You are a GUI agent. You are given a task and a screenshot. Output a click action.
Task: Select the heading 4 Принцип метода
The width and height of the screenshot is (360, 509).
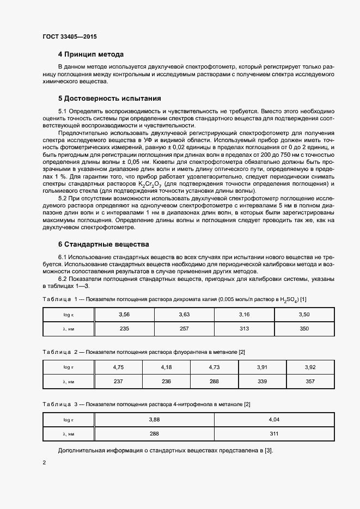tap(91, 54)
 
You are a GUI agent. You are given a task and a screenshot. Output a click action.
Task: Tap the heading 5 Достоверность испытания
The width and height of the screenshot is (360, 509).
tap(109, 99)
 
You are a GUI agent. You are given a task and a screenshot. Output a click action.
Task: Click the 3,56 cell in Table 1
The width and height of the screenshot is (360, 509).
tap(124, 315)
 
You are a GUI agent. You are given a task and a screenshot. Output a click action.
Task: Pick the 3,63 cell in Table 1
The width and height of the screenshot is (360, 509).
tap(184, 315)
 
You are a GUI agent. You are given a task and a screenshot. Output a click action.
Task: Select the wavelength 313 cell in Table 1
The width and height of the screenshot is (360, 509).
tap(244, 329)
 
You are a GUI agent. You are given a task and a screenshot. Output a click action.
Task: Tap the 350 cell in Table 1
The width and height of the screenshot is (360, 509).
tap(304, 329)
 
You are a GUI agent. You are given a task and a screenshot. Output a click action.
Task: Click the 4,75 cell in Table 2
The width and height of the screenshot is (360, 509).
tap(118, 367)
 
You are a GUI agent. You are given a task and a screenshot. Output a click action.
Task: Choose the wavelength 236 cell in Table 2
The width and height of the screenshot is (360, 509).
tap(166, 382)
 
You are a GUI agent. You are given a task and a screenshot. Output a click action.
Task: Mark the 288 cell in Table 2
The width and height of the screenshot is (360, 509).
tap(214, 382)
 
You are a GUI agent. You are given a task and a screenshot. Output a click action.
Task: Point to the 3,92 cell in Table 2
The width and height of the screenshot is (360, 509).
tap(310, 367)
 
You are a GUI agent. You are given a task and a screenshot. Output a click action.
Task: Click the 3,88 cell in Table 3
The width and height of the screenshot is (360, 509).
tap(154, 419)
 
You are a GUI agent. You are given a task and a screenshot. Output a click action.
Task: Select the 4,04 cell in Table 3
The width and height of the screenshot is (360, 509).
tap(274, 419)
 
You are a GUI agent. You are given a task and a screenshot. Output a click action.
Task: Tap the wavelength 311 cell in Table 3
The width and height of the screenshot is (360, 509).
tap(274, 433)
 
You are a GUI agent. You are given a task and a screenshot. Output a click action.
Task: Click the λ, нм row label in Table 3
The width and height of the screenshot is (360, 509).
tap(68, 433)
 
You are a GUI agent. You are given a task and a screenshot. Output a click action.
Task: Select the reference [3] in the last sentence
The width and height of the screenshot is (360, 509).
tap(267, 450)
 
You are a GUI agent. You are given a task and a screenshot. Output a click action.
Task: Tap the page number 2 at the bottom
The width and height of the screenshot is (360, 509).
tap(44, 463)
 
